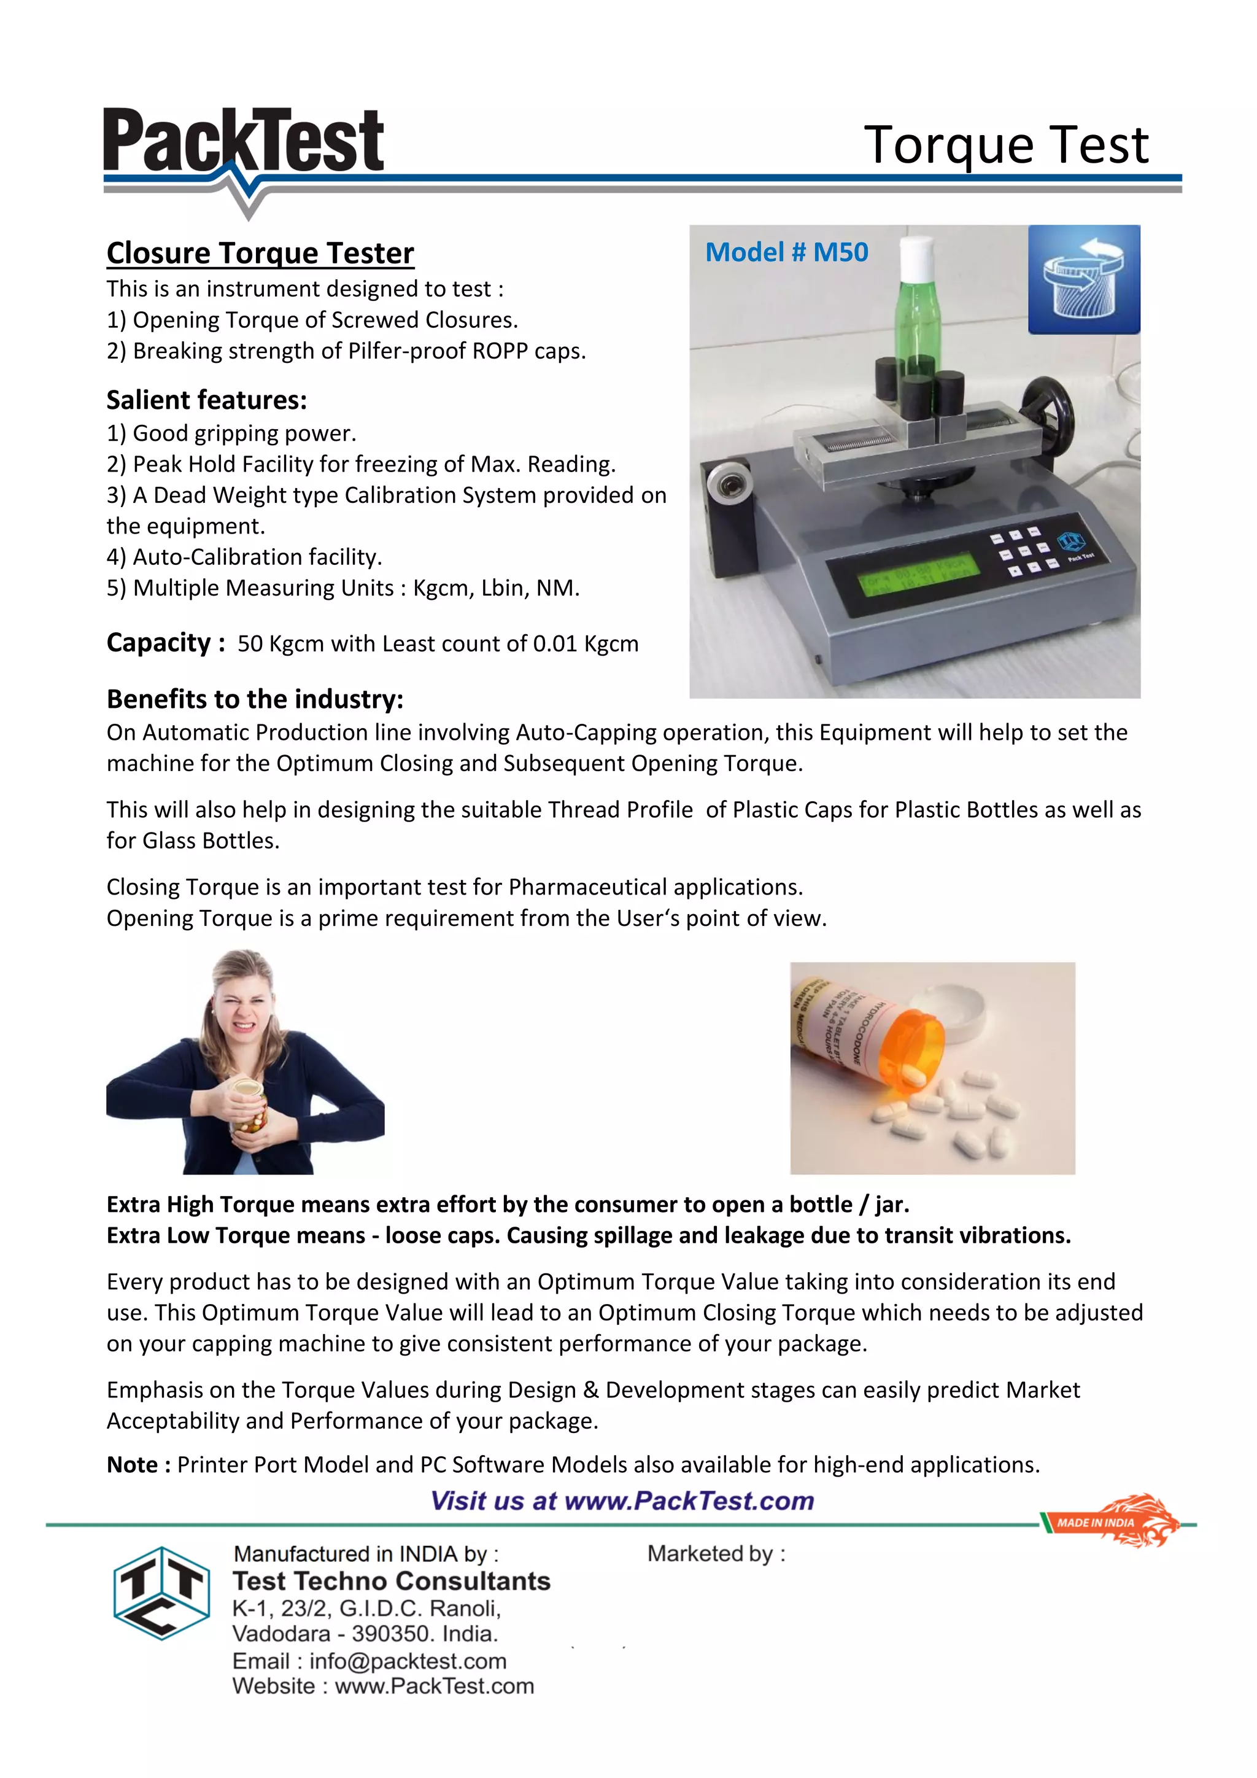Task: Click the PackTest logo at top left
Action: pos(243,143)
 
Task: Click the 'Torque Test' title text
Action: pos(1005,145)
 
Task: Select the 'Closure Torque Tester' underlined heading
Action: pos(260,253)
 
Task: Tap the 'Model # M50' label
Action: pos(786,252)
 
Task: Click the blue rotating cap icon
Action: pos(1084,279)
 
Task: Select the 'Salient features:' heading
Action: pos(207,400)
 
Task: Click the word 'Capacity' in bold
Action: pos(159,643)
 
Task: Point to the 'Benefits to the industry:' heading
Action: pos(255,699)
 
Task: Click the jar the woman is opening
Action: pos(250,1103)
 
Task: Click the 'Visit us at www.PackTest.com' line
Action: pos(622,1500)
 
